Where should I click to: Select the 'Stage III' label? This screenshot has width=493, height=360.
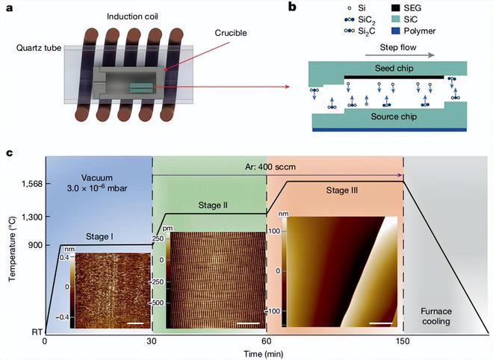tap(343, 190)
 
